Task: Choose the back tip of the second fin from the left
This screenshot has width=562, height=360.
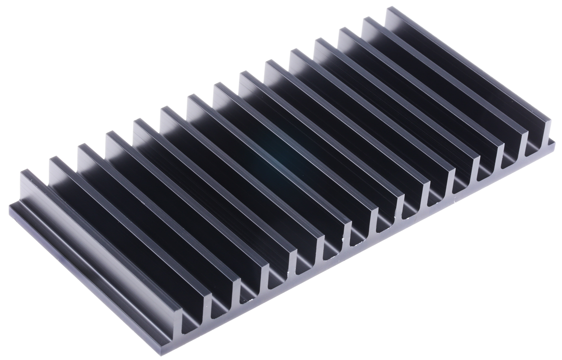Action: tap(52, 161)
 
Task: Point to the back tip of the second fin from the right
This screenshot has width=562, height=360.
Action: tap(365, 20)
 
